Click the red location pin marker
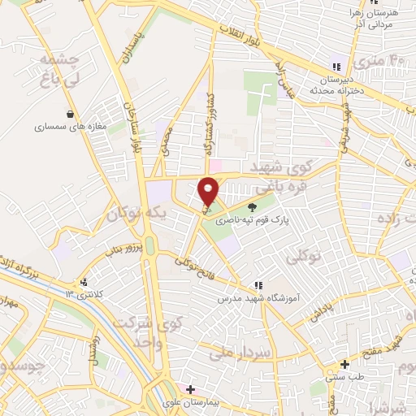click(210, 192)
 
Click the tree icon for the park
click(252, 206)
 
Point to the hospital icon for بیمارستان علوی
click(191, 388)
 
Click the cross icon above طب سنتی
click(345, 364)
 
